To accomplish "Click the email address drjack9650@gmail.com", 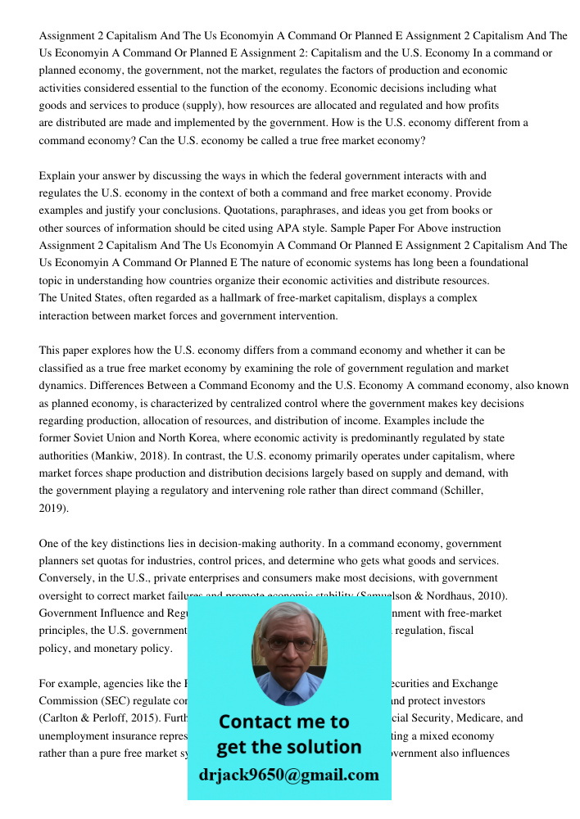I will point(288,775).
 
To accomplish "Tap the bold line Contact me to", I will point(283,722).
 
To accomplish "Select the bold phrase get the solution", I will point(288,747).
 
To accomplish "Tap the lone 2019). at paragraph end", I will point(54,508).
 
